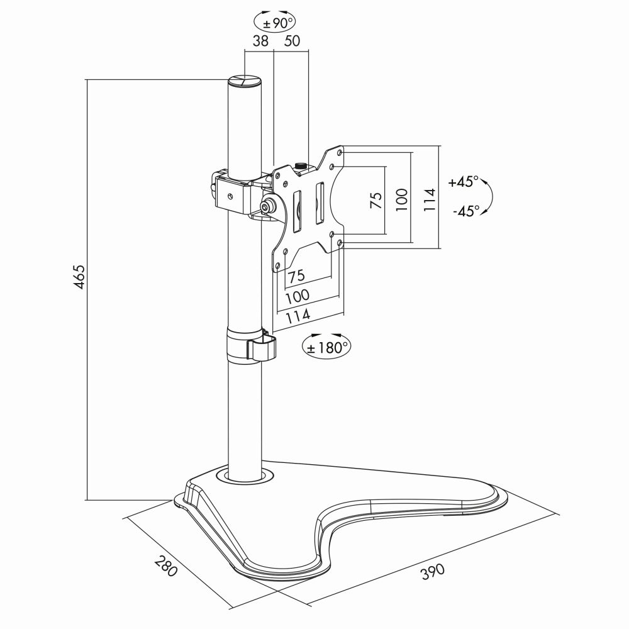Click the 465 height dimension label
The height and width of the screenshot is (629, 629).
(x=79, y=277)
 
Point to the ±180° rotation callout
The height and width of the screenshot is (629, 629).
(x=326, y=347)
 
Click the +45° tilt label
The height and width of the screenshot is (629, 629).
(x=464, y=182)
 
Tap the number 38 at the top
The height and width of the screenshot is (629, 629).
(x=260, y=42)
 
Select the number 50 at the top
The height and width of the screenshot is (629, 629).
(x=292, y=42)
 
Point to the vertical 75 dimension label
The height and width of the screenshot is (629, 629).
(x=376, y=200)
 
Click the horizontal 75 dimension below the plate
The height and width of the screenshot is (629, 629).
(x=297, y=276)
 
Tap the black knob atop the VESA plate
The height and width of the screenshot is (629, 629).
(x=301, y=165)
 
